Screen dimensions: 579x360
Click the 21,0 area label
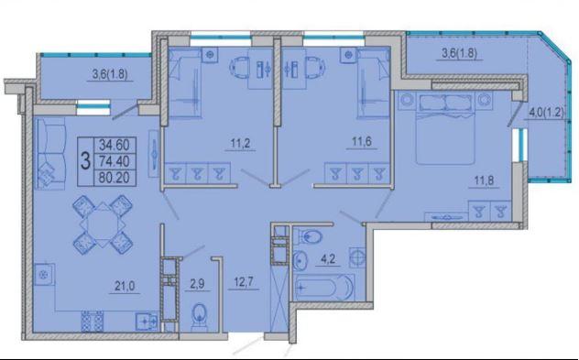tap(125, 286)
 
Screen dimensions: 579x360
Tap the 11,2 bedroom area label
tap(240, 143)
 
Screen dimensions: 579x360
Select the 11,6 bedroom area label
tap(362, 142)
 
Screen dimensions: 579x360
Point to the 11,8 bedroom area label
tap(484, 181)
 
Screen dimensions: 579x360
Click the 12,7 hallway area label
tap(244, 282)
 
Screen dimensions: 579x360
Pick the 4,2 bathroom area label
tap(328, 259)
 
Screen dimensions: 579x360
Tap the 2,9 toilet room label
tap(197, 284)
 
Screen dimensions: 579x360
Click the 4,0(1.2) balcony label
tap(547, 113)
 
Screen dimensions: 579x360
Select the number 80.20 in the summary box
tap(115, 178)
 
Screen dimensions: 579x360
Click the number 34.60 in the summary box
tap(115, 145)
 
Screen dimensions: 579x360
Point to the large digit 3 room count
tap(85, 161)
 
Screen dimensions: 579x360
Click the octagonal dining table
tap(103, 224)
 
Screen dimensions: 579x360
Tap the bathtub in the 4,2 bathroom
tap(324, 287)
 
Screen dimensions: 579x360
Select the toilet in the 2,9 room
tap(200, 315)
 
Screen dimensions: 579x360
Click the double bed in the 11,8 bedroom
tap(445, 127)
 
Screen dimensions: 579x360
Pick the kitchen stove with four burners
tap(92, 321)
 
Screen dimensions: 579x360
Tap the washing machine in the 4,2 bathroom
tap(357, 257)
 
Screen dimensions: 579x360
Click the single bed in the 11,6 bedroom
tap(373, 83)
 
